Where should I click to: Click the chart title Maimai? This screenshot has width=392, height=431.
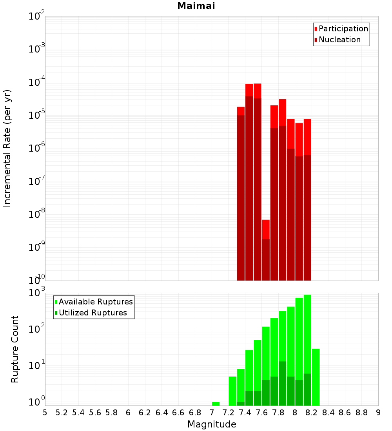(196, 6)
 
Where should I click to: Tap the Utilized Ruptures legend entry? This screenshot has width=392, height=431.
(93, 313)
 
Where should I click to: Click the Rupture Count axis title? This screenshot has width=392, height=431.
(15, 349)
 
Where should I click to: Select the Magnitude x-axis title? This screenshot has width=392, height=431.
(212, 424)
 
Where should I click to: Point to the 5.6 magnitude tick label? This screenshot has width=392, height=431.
(95, 413)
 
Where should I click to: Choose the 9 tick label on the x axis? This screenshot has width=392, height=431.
(378, 413)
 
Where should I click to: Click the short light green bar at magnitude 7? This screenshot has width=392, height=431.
(216, 404)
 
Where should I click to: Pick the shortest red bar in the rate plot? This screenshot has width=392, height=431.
(266, 229)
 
